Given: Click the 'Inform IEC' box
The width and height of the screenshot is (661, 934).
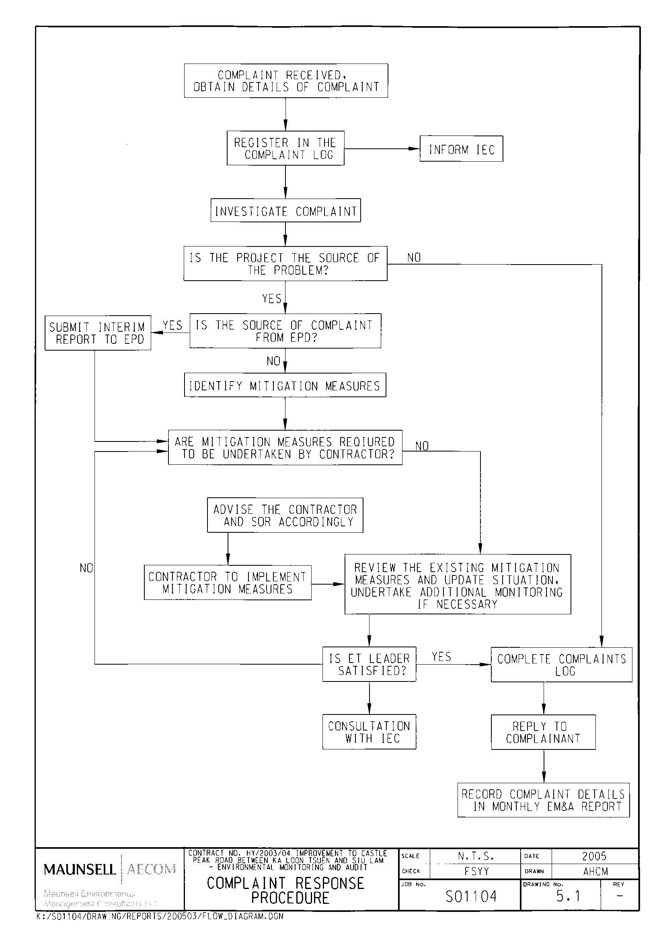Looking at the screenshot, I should pos(461,149).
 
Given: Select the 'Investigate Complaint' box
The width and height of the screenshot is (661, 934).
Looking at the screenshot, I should pos(285,210).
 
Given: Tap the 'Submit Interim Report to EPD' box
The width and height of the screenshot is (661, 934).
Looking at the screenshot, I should pos(98,333).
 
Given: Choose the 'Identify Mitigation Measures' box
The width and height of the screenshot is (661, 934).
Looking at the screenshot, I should pos(285,385).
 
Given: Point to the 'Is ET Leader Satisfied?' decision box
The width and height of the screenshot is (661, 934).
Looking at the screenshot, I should pos(369,664).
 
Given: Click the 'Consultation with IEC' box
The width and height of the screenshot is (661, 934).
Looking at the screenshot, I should pos(369,732).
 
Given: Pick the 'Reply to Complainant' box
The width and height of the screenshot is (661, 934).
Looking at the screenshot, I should pos(543,732).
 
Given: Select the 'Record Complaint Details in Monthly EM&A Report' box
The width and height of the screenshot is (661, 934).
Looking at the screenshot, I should pos(543,800).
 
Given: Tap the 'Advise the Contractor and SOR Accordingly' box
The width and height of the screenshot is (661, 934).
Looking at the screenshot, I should pos(285,515).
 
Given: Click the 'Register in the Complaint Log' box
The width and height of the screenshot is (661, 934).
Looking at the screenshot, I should pos(285,148).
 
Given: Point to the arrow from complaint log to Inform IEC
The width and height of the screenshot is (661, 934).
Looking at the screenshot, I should pos(382,148).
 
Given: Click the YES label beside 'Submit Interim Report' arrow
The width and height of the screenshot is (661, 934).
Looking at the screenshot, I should pos(172,325).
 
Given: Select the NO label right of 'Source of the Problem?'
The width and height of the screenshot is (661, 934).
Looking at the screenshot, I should pos(414,258).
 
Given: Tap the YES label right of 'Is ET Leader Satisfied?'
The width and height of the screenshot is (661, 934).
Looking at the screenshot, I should pos(441,657).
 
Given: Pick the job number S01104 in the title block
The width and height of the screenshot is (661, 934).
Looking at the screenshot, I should pos(471,896).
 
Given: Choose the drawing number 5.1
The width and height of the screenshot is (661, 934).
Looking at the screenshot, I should pos(568,896).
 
